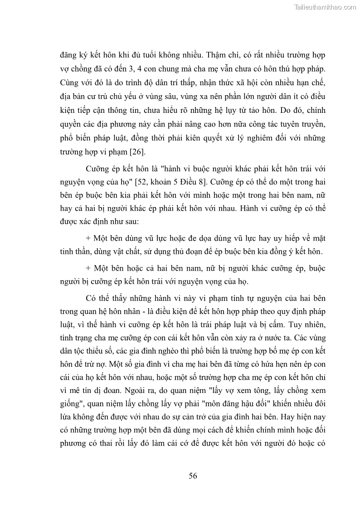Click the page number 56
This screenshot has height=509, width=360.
[193, 475]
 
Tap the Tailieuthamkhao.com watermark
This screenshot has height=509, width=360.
[325, 7]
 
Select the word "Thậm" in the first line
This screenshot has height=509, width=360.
[214, 55]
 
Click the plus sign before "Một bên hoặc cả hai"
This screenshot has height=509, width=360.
[88, 268]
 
